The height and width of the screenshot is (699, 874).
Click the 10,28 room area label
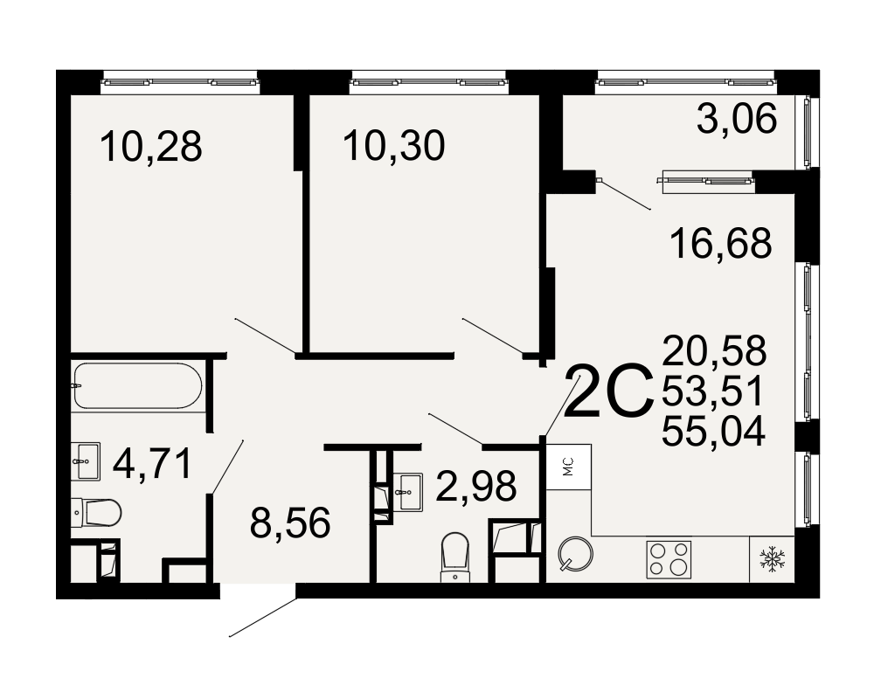coord(151,147)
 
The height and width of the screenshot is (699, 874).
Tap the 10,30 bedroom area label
coord(394,146)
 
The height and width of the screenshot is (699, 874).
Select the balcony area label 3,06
coord(737,119)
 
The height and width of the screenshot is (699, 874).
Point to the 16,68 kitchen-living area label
coord(721,244)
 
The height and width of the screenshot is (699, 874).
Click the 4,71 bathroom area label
coord(152,464)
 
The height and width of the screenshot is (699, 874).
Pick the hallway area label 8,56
coord(290,523)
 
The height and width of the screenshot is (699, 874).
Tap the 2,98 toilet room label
coord(476,486)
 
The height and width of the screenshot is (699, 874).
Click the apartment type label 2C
coord(608,391)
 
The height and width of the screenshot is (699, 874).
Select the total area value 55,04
coord(713,432)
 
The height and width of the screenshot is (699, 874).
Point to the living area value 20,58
coord(715,350)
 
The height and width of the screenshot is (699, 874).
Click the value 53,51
coord(712,391)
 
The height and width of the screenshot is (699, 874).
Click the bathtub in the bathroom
coord(137,385)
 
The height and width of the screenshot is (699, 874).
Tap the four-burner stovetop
coord(669,559)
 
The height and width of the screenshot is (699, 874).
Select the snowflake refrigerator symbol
coord(772,559)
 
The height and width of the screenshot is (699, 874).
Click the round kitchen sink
coord(575,554)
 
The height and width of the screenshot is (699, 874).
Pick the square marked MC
coord(569,467)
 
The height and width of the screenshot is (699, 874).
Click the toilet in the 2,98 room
coord(454,557)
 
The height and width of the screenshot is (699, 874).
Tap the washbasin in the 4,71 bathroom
coord(86,461)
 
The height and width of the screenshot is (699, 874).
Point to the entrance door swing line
coord(262,618)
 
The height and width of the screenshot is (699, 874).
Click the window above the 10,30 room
coord(428,82)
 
